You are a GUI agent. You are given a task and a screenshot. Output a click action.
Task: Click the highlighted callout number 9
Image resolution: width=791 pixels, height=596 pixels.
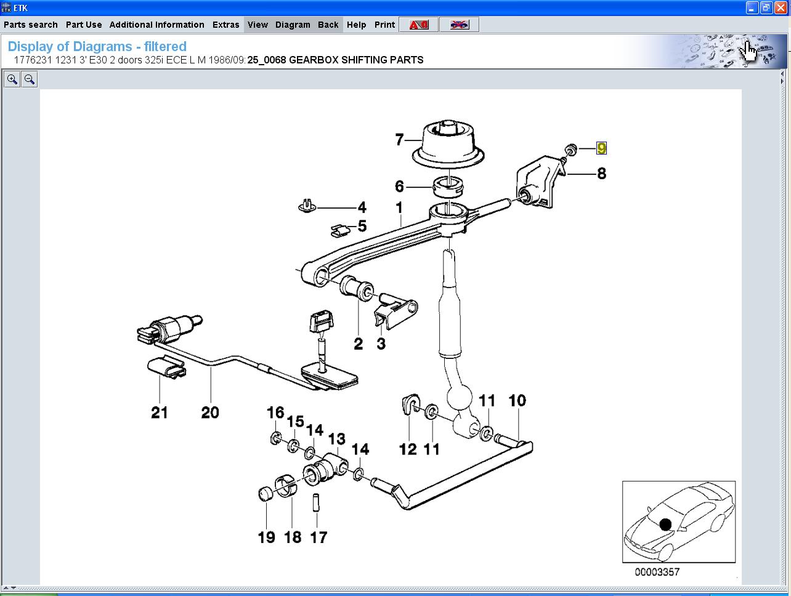[x=601, y=148]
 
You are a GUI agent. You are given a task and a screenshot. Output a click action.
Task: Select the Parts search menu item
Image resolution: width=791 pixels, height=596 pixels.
[x=31, y=25]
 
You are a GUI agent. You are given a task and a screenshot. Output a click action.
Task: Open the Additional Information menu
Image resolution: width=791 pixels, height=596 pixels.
[x=156, y=25]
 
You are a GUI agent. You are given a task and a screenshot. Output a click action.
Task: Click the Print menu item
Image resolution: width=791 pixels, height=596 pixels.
[x=384, y=25]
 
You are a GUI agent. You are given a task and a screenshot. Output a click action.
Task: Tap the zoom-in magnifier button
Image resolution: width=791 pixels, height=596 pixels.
[x=12, y=79]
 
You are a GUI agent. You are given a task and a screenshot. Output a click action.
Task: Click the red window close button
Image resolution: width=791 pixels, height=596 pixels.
[x=780, y=8]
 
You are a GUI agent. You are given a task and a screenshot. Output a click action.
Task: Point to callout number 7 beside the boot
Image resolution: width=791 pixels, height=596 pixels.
[x=399, y=140]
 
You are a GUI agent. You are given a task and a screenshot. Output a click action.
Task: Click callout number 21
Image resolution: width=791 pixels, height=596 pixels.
[x=160, y=412]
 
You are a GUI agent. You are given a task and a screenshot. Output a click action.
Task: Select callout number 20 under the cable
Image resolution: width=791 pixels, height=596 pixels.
[x=210, y=412]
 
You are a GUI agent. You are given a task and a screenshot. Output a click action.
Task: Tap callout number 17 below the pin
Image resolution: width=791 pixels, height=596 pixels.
[x=318, y=537]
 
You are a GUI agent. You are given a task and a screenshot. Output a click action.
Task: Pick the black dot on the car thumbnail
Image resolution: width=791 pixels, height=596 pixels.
[x=665, y=525]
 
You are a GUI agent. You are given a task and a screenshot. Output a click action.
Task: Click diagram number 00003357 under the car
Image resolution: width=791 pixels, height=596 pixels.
[x=657, y=572]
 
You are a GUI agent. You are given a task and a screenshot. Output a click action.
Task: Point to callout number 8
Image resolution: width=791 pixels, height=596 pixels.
[x=601, y=174]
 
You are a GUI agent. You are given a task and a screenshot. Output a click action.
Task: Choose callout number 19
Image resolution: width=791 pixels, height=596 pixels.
[x=266, y=537]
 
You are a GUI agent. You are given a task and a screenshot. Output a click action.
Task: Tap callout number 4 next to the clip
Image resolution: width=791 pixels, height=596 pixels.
[x=362, y=208]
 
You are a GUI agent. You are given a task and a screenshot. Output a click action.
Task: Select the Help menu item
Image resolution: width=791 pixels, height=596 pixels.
[x=356, y=25]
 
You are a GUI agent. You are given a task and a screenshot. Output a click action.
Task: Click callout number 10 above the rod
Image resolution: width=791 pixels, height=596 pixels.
[x=517, y=401]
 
